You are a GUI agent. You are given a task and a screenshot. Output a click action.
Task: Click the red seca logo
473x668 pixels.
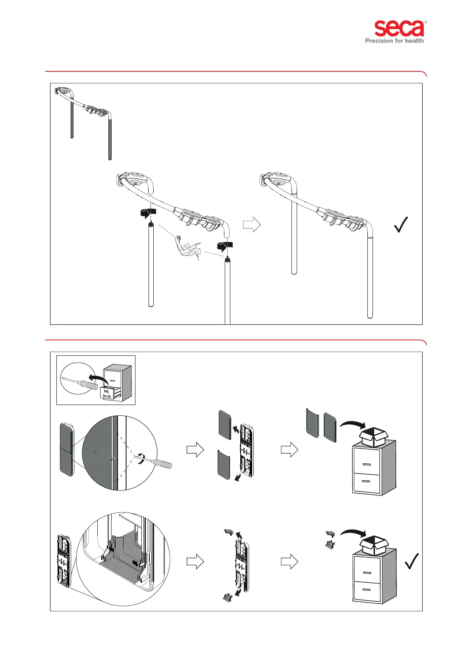399,29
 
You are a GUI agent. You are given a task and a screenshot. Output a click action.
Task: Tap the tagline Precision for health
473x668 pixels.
394,40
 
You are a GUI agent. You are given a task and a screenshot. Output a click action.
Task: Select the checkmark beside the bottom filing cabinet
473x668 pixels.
412,561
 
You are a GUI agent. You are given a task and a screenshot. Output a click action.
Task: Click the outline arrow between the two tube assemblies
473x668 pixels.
251,225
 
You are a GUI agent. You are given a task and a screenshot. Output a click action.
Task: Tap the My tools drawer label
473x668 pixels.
107,394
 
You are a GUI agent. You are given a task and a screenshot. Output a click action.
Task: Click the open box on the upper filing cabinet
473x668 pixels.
373,437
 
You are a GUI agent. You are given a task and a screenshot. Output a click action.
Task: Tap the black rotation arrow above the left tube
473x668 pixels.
148,212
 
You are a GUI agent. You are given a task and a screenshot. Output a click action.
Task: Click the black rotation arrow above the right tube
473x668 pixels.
225,246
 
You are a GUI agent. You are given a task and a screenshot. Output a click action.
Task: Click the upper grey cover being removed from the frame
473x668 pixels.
224,425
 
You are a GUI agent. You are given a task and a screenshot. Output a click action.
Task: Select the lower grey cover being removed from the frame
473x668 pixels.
224,465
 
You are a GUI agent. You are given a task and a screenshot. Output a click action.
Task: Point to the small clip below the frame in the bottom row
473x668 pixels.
228,597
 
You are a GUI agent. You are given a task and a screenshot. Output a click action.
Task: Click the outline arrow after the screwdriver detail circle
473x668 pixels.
195,450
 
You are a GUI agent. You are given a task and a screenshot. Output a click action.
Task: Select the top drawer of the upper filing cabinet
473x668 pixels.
366,464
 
